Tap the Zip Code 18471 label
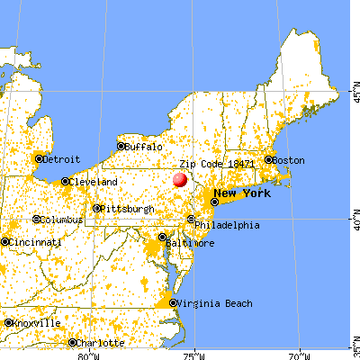[x=217, y=165]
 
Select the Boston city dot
[x=268, y=160]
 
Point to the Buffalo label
[x=144, y=146]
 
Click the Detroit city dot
[x=39, y=158]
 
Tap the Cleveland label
[x=95, y=182]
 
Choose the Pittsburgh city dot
[x=97, y=209]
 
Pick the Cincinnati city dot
[x=5, y=241]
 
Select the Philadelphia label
[x=228, y=225]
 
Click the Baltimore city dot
[x=163, y=238]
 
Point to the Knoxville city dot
[x=7, y=322]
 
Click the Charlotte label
[x=99, y=342]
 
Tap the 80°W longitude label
[x=86, y=354]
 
